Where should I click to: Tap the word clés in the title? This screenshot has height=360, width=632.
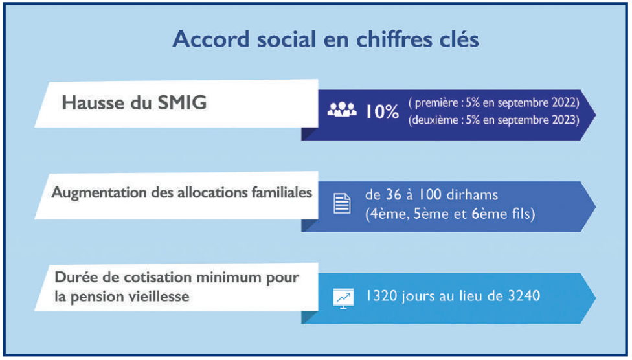458,39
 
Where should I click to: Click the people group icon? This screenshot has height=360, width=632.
342,110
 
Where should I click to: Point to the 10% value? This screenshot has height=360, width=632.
382,111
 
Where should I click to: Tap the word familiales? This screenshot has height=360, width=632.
281,193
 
